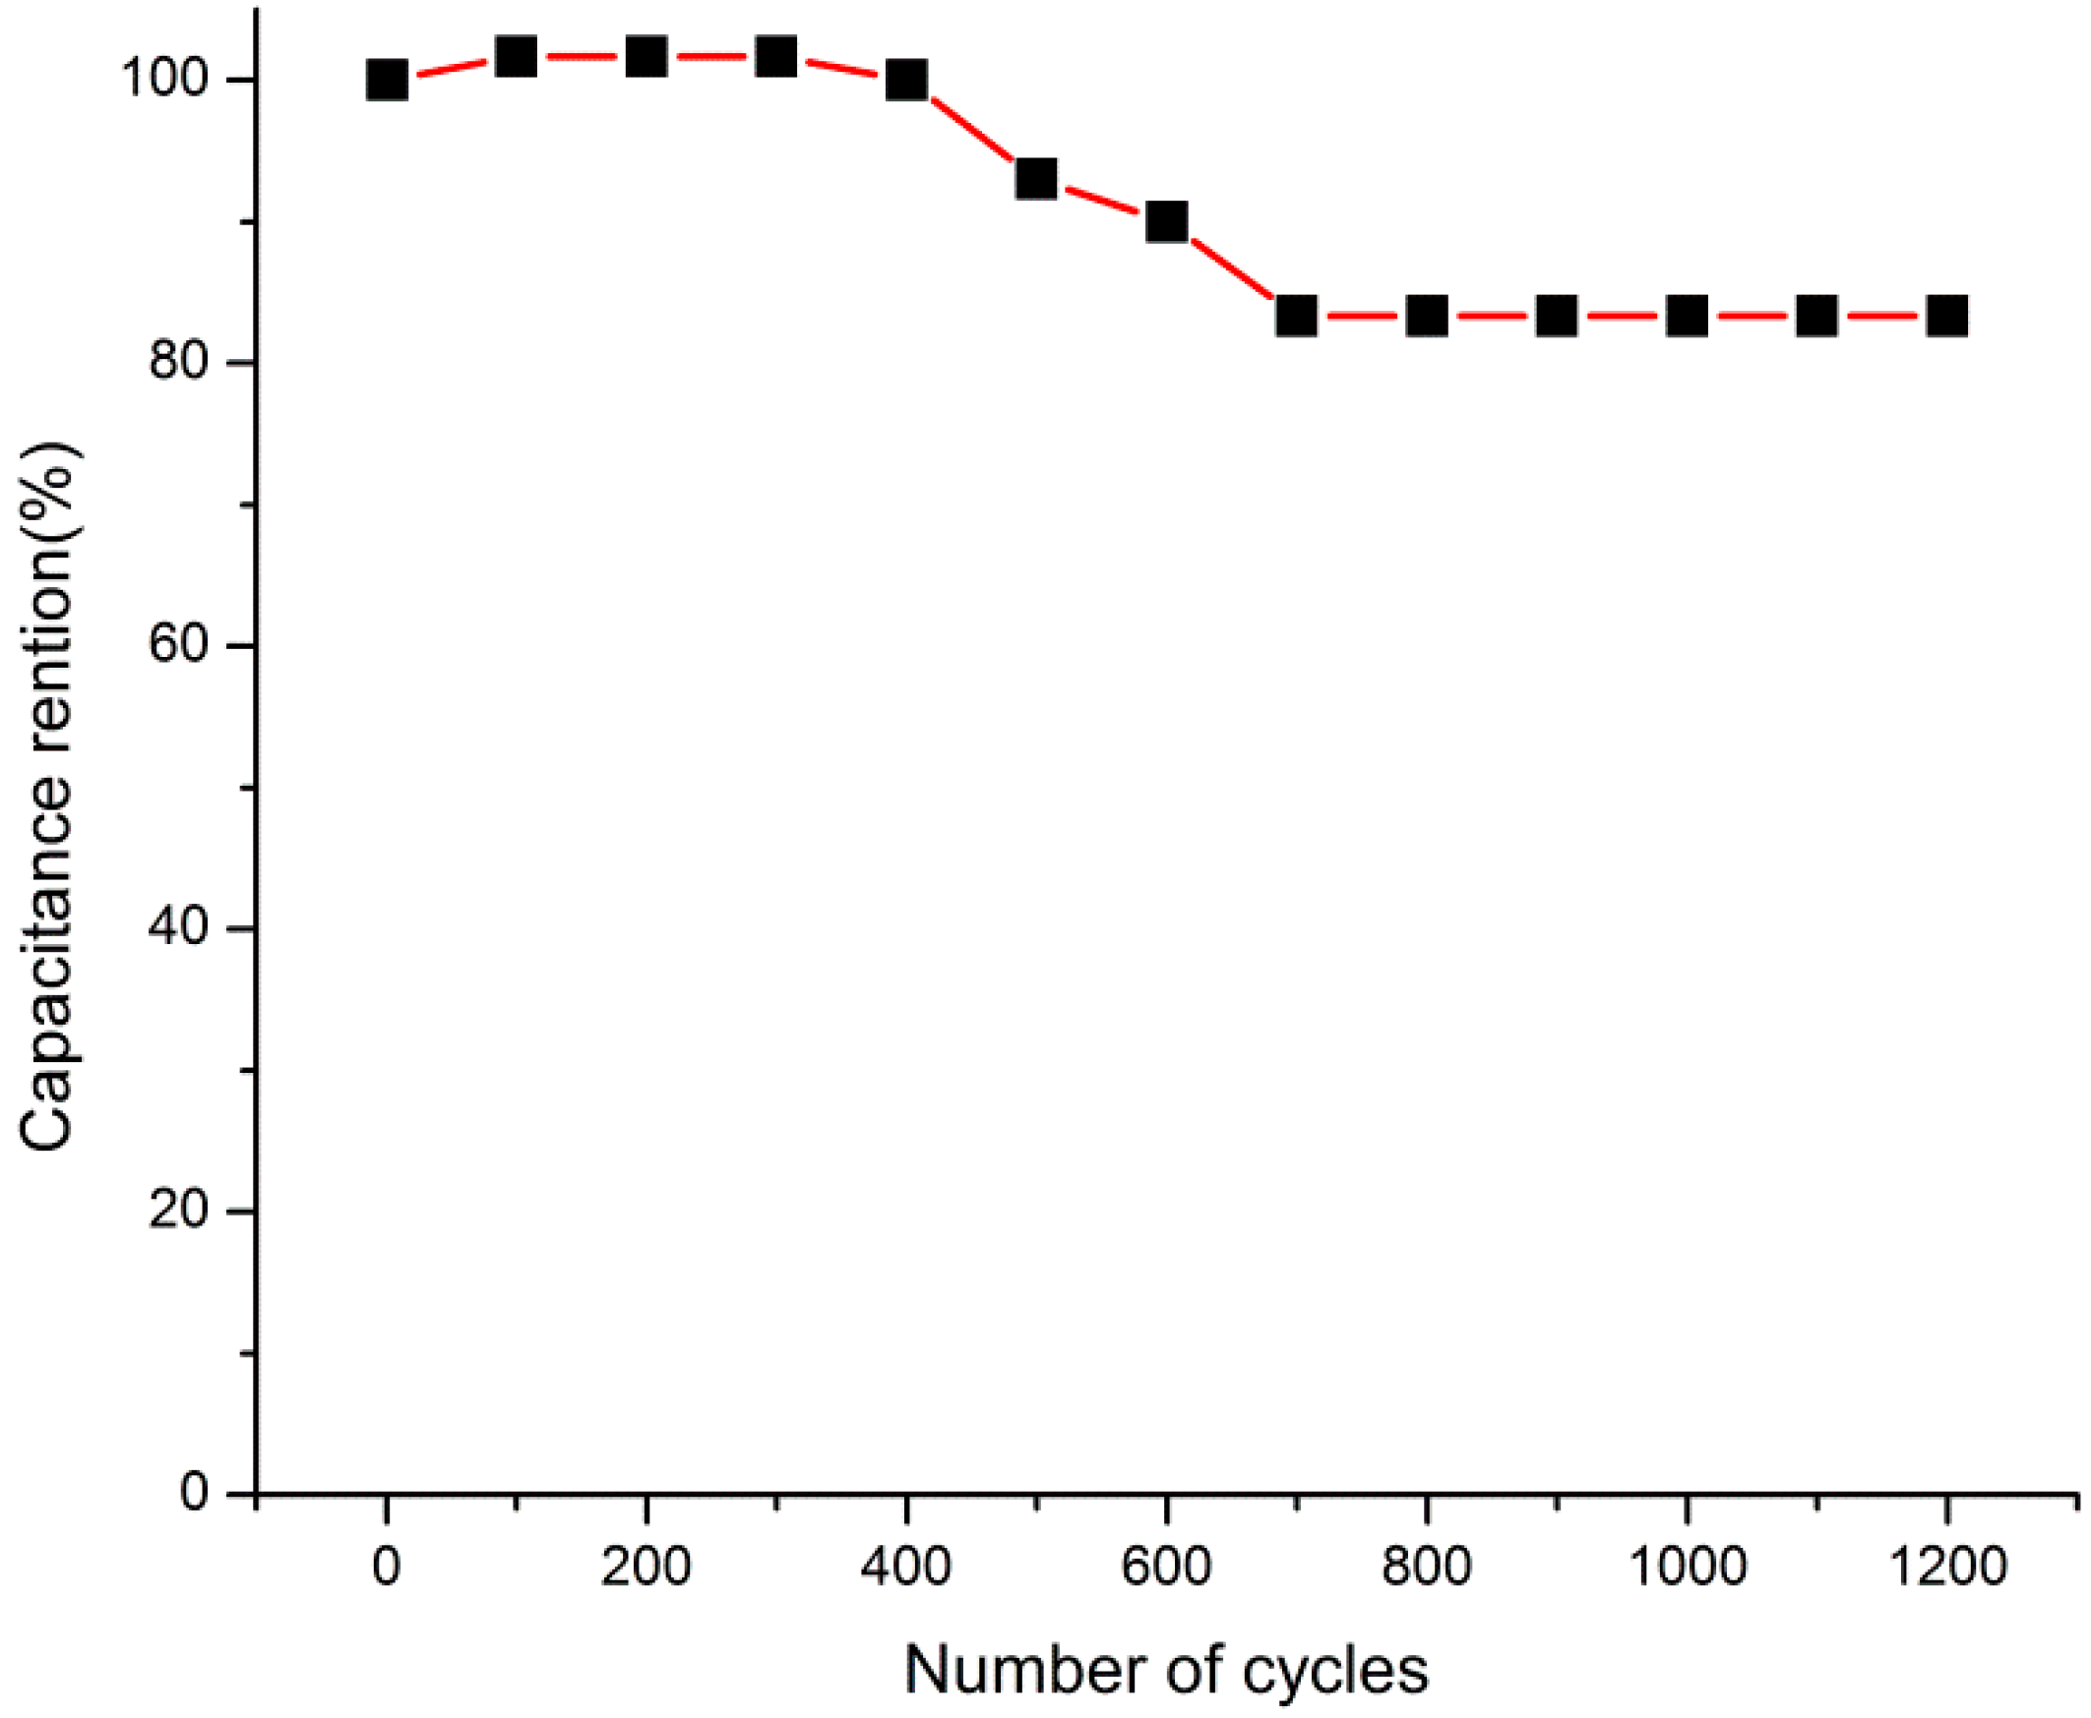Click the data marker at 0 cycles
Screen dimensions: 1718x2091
point(386,80)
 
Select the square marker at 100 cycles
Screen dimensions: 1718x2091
point(516,57)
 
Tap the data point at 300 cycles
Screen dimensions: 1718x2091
point(775,57)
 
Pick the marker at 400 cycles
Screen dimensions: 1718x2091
point(906,80)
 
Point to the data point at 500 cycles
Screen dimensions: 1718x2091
point(1035,179)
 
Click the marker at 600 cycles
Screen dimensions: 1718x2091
point(1166,221)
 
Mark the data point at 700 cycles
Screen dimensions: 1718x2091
point(1296,317)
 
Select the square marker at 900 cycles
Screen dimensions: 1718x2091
point(1557,317)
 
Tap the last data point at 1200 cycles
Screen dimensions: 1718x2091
point(1946,317)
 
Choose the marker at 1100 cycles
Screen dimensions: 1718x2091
point(1816,317)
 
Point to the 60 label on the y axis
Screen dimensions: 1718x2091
point(179,646)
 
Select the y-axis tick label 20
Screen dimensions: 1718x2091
point(179,1212)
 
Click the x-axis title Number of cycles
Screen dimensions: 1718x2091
point(1166,1672)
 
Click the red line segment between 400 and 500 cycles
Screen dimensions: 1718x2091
point(970,130)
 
